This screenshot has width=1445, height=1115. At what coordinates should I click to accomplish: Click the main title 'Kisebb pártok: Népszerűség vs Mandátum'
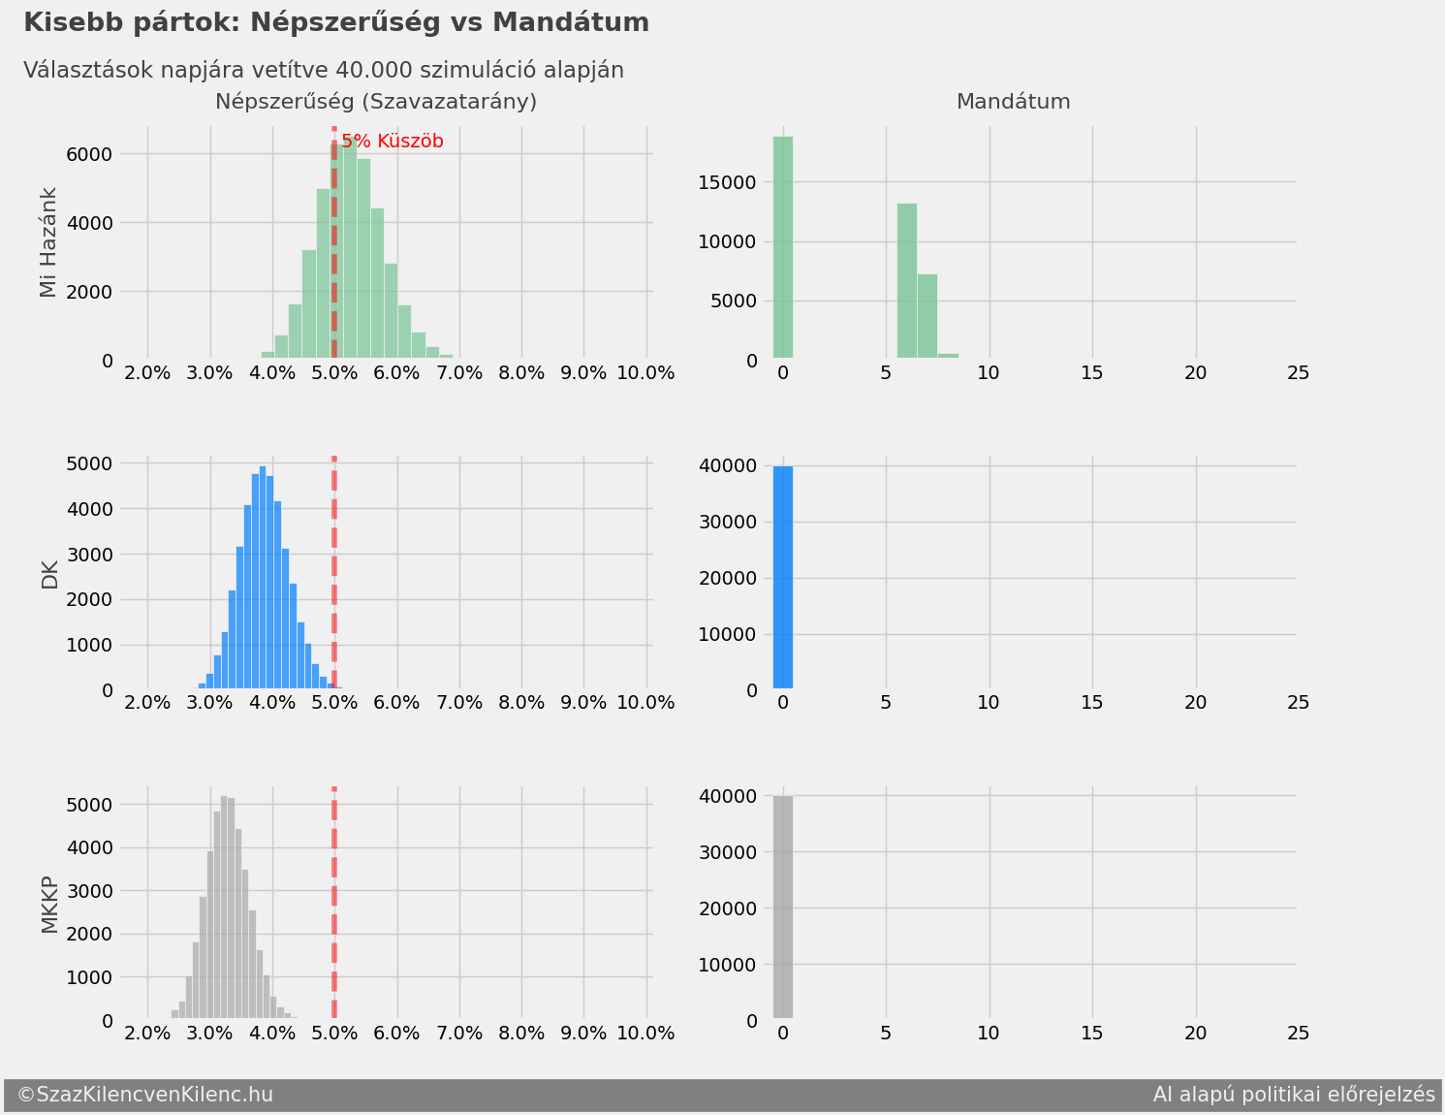(335, 23)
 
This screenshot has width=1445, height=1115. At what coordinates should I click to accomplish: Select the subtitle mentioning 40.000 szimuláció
(324, 71)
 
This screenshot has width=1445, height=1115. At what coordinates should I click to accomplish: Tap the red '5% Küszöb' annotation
(393, 142)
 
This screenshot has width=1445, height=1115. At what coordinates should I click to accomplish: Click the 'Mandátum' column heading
(1013, 102)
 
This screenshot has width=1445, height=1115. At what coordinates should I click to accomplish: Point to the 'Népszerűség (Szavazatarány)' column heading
(376, 102)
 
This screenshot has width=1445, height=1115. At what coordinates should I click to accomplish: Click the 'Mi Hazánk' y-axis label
(49, 242)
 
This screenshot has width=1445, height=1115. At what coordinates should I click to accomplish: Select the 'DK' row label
(49, 575)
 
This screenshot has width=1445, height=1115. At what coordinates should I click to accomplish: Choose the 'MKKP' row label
(49, 905)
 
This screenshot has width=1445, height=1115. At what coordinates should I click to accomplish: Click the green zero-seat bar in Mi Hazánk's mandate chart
(783, 248)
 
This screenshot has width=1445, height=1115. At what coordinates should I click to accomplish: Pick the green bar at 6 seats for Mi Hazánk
(907, 281)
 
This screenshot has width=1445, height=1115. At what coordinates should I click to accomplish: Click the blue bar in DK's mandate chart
(783, 578)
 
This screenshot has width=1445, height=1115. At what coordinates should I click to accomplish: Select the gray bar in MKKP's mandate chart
(783, 908)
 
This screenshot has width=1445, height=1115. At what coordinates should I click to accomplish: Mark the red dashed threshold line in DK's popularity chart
(334, 572)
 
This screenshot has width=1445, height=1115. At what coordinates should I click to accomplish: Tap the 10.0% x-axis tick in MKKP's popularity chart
(645, 1034)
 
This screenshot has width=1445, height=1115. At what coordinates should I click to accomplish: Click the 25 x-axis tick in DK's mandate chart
(1298, 703)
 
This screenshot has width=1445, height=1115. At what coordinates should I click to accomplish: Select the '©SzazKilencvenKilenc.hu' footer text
(145, 1095)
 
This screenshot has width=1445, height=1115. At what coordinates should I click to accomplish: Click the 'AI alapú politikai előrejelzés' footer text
(1294, 1095)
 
